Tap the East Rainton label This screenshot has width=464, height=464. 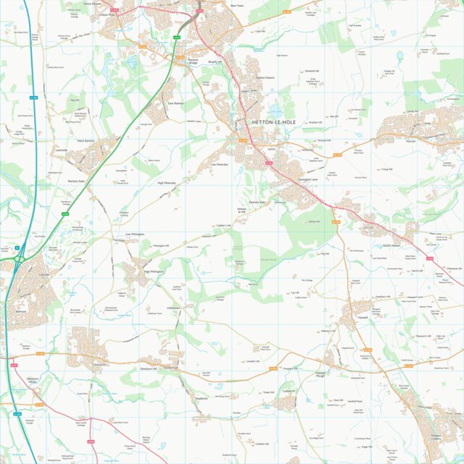click(176, 104)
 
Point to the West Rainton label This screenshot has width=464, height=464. click(85, 140)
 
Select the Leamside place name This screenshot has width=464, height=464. click(62, 150)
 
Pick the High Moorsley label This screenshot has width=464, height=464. click(167, 184)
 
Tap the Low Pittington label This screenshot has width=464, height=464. click(135, 235)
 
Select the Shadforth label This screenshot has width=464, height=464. click(201, 398)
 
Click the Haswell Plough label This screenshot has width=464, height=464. click(323, 374)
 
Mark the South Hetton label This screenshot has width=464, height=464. click(392, 245)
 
